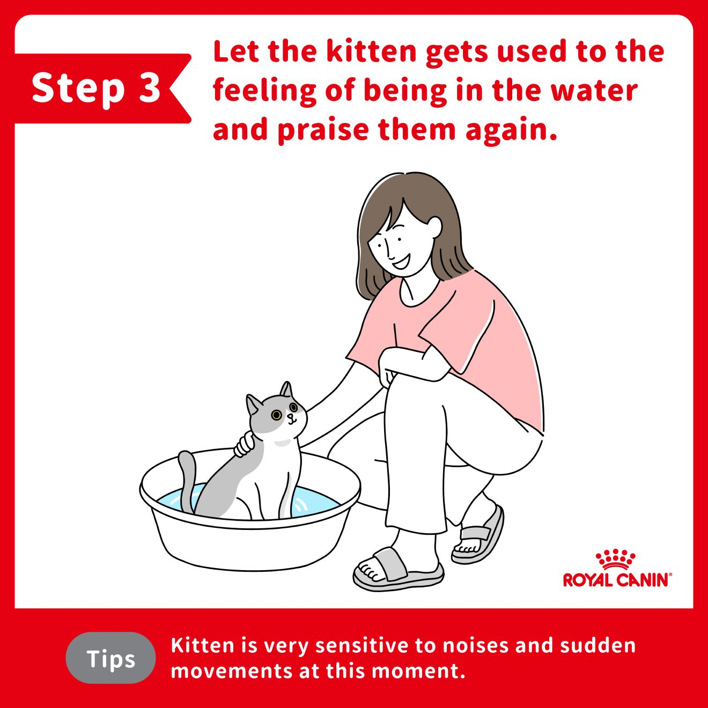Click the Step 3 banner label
pos(96,88)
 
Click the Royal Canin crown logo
pos(615,560)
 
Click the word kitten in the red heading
pos(371,51)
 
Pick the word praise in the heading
pos(323,130)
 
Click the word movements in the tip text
pos(232,671)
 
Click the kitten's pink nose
pos(290,416)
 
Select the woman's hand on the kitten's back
pos(245,444)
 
